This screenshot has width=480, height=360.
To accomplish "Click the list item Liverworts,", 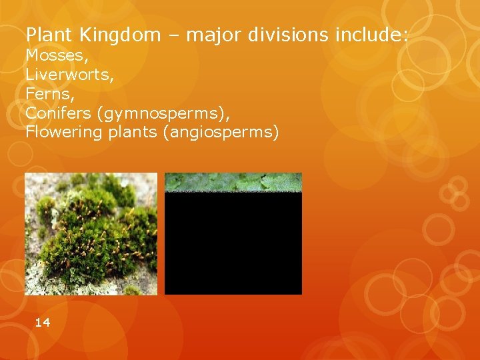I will click(69, 75).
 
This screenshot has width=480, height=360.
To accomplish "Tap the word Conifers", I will click(59, 113).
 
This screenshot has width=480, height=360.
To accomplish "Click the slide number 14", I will click(42, 323).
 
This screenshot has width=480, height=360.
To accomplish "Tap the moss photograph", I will click(91, 233).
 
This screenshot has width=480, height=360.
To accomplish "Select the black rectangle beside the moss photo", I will click(233, 243).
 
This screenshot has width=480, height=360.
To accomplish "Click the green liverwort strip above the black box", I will click(233, 182).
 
